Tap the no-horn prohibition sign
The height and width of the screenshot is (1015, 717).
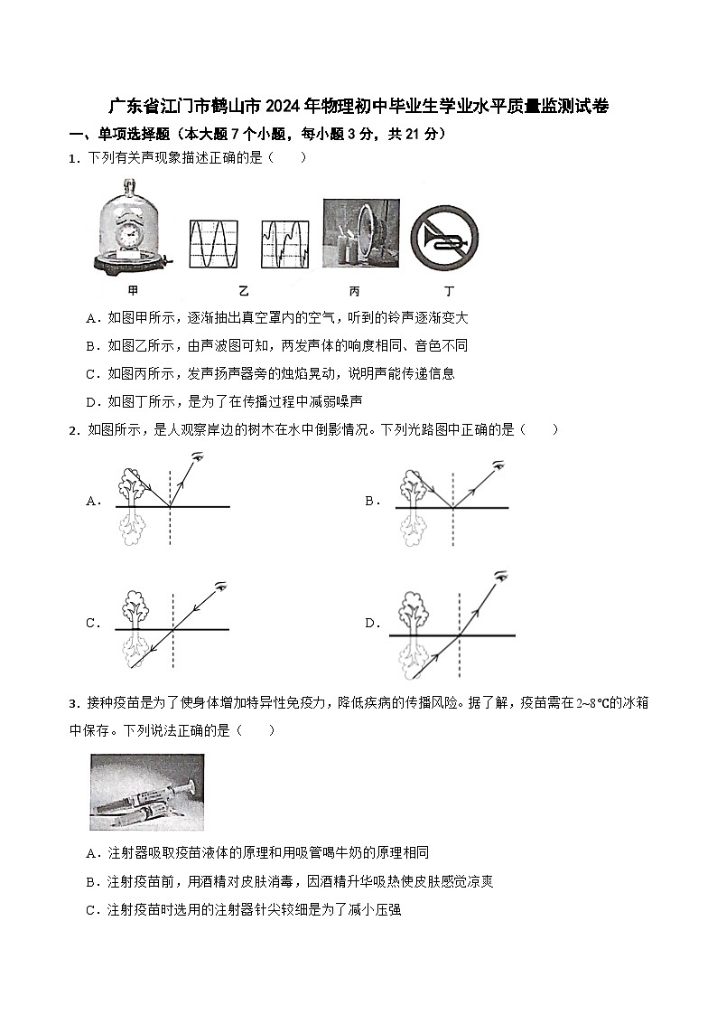coord(443,238)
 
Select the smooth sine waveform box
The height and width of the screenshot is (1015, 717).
coord(214,244)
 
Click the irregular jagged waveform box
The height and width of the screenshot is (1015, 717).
coord(285,244)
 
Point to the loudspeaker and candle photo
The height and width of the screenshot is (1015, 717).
coord(361,232)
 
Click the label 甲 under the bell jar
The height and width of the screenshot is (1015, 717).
coord(134,291)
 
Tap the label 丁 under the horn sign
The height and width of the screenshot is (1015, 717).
coord(449,291)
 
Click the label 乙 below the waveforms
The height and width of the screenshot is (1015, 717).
coord(244,291)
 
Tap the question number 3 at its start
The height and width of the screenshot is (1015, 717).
coord(73,703)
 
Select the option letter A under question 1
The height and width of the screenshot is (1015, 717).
coord(90,318)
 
